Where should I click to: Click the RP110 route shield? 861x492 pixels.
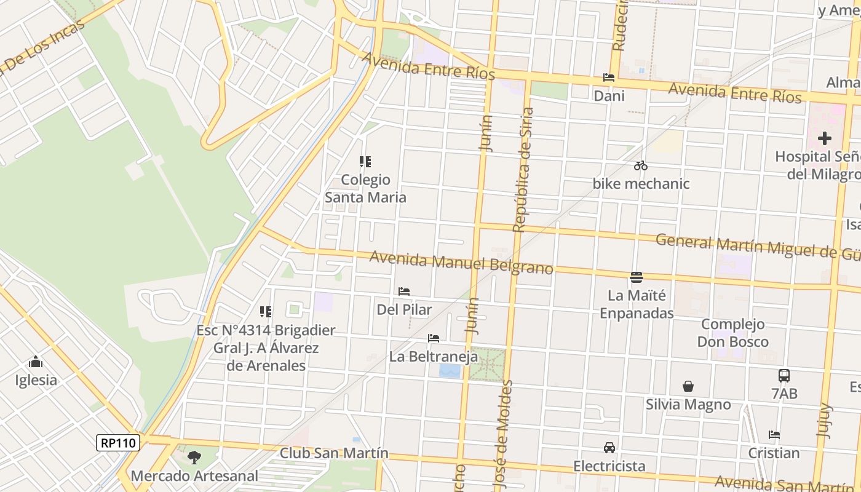pyautogui.click(x=118, y=443)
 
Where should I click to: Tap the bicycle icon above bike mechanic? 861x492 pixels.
pyautogui.click(x=641, y=165)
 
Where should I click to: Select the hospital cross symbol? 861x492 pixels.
pyautogui.click(x=824, y=138)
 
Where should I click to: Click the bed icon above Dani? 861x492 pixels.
pyautogui.click(x=609, y=77)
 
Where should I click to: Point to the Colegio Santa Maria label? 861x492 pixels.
pyautogui.click(x=365, y=188)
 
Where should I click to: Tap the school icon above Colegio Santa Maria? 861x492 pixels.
pyautogui.click(x=365, y=162)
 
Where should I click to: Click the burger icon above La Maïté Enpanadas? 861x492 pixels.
pyautogui.click(x=637, y=277)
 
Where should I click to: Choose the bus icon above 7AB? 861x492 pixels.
pyautogui.click(x=784, y=375)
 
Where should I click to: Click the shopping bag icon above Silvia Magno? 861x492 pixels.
pyautogui.click(x=688, y=386)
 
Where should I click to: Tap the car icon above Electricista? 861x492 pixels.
pyautogui.click(x=609, y=448)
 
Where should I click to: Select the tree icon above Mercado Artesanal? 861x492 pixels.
pyautogui.click(x=194, y=457)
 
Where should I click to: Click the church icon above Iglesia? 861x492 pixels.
pyautogui.click(x=36, y=362)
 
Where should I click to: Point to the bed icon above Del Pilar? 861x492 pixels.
pyautogui.click(x=404, y=292)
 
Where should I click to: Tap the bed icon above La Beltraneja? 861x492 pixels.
pyautogui.click(x=434, y=338)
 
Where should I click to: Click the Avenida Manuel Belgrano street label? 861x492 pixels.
pyautogui.click(x=461, y=263)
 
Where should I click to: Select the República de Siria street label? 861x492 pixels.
pyautogui.click(x=523, y=170)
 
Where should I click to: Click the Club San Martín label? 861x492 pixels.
pyautogui.click(x=334, y=453)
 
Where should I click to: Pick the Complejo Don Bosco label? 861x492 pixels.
pyautogui.click(x=733, y=333)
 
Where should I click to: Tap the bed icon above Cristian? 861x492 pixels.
pyautogui.click(x=774, y=435)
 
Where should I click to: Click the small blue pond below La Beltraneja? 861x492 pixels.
pyautogui.click(x=450, y=371)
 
